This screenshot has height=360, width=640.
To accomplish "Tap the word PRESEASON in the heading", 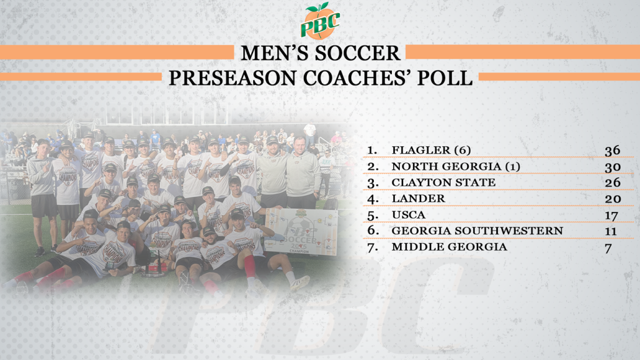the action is coord(232,78).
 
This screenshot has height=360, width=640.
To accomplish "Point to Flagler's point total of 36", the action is coord(612,151).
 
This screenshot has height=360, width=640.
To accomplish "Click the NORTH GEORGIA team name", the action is coord(446,166).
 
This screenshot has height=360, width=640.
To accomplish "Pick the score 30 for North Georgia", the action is coord(612,167).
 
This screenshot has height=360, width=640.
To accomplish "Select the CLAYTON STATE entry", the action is coord(444,182).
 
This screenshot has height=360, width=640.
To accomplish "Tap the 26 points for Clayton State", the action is coord(612,182).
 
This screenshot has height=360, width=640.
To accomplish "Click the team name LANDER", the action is coord(418,198).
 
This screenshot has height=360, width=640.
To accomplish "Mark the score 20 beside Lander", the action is coord(613,199).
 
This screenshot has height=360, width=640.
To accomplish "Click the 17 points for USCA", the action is coord(611,216).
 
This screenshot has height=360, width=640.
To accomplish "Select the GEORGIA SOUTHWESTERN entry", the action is coord(477,231).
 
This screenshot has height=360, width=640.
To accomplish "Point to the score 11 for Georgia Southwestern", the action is coord(611,231).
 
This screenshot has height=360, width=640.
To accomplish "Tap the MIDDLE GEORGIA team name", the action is coord(449,246).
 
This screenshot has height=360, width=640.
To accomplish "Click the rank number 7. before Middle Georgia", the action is coord(372,247).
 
